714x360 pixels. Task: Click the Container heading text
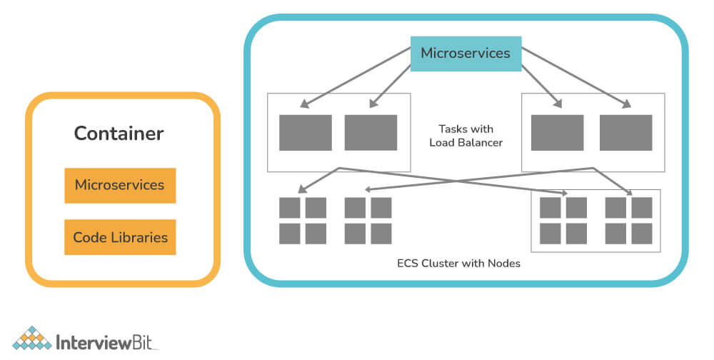119,134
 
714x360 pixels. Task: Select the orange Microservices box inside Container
119,185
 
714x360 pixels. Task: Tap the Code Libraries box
119,237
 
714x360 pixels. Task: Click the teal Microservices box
465,54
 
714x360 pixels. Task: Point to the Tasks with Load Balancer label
466,136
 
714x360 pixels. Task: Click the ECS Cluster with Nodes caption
458,263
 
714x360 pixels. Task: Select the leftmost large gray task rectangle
305,132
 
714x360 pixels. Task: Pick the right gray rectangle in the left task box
371,132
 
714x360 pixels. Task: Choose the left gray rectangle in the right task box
557,132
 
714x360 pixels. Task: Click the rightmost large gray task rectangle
625,132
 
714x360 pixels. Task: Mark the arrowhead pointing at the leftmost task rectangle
303,105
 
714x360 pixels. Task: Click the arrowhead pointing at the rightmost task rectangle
628,106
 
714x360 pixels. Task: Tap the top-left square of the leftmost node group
289,208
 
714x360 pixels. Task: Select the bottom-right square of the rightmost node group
642,234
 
